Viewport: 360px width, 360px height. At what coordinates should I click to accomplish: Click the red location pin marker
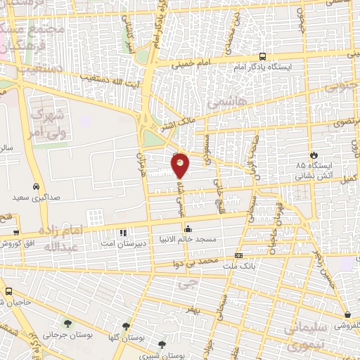(x=181, y=165)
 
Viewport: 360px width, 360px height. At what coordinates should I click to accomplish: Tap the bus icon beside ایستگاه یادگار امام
(x=262, y=57)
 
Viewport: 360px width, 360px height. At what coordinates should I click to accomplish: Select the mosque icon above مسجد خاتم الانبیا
(x=188, y=229)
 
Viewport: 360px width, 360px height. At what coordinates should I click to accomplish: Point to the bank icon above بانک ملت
(x=239, y=255)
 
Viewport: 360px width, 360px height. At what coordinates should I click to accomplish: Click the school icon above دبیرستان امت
(x=124, y=232)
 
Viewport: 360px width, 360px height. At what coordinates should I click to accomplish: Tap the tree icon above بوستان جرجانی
(x=67, y=323)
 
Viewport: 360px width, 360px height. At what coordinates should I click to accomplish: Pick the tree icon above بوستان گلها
(x=126, y=326)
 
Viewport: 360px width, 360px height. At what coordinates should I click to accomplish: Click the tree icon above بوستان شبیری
(x=162, y=345)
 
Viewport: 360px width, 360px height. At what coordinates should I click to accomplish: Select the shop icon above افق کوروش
(x=15, y=233)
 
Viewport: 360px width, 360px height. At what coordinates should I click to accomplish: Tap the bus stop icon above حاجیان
(x=8, y=291)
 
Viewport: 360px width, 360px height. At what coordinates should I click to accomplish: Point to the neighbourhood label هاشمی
(x=222, y=103)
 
